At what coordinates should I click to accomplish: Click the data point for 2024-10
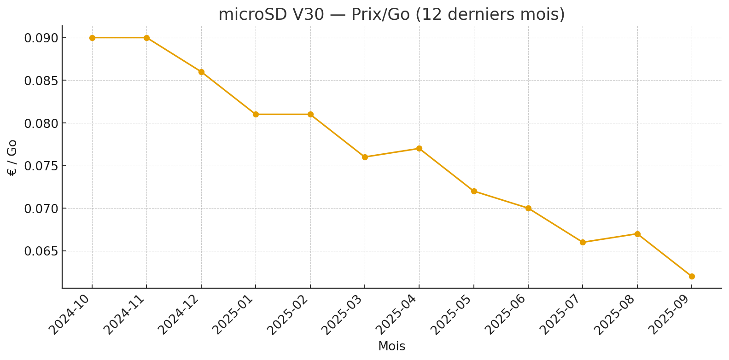92,38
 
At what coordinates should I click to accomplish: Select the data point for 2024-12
201,72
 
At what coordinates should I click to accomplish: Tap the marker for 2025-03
365,157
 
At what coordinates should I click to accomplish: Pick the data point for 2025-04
419,148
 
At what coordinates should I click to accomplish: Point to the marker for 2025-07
583,242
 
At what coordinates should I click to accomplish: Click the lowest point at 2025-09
692,276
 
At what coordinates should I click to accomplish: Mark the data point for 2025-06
528,208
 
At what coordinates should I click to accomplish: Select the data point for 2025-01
256,114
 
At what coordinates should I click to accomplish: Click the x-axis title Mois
391,347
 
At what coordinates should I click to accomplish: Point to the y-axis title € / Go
12,157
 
